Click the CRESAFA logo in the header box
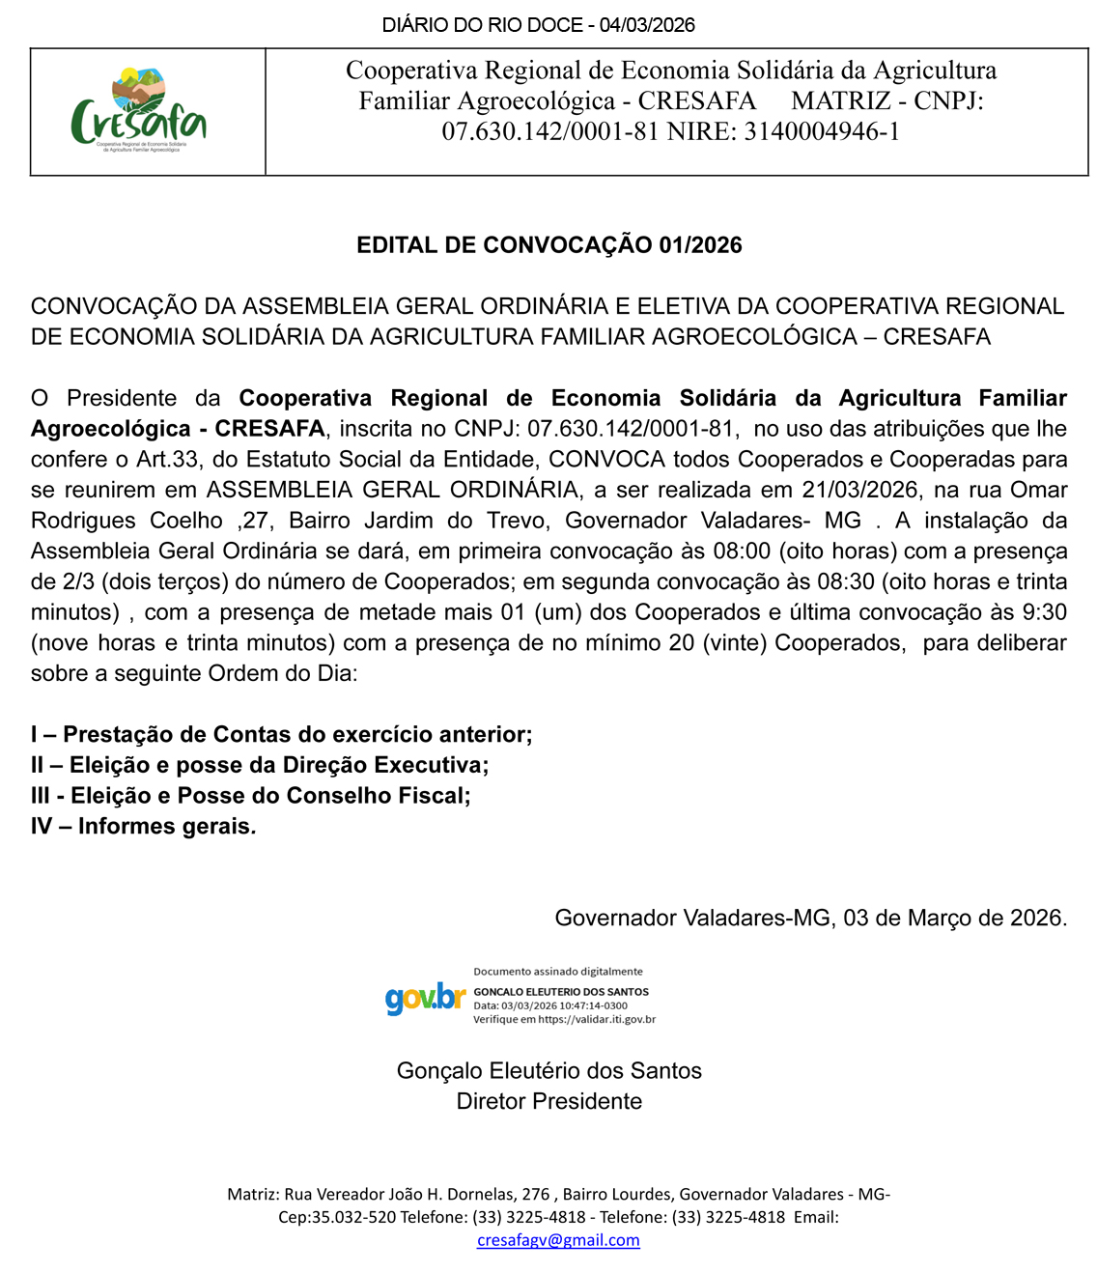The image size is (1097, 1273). tap(139, 112)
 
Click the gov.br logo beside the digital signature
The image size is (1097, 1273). tap(425, 998)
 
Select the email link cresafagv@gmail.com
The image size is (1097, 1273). tap(558, 1240)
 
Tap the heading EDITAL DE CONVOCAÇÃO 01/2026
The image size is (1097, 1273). tap(548, 245)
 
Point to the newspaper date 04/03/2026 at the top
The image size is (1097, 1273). tap(647, 25)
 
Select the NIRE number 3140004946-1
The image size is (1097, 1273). tap(822, 131)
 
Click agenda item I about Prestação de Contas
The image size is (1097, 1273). tap(281, 735)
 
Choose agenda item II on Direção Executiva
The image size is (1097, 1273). tap(260, 766)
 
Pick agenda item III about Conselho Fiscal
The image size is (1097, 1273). tap(251, 796)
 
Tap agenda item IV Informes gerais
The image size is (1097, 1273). tap(144, 827)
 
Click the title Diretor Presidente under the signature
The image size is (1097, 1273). tap(548, 1102)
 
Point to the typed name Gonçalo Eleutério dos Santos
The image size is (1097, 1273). tap(548, 1071)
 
